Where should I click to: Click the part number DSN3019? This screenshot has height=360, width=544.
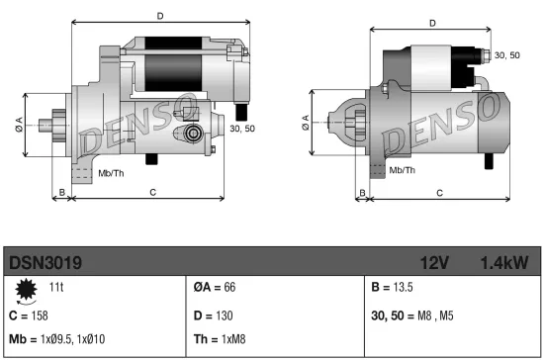pos(45,262)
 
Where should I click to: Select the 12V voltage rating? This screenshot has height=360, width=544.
pos(436,262)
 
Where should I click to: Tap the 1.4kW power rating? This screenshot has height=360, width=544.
pos(503,262)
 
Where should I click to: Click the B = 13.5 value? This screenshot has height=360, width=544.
pos(393,287)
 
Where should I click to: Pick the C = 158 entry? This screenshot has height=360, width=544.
pos(27,315)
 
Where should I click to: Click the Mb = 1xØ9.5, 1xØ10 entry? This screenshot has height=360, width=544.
pos(57,340)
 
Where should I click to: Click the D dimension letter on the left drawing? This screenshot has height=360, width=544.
pos(159,16)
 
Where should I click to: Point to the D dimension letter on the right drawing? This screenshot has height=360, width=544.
pos(432,23)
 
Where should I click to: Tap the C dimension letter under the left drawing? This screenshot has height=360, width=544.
pos(151,191)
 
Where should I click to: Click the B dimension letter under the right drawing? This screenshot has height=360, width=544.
pos(363,192)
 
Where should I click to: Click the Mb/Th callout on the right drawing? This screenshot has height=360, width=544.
pos(402,170)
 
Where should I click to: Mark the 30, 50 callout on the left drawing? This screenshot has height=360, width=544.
pos(242,129)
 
